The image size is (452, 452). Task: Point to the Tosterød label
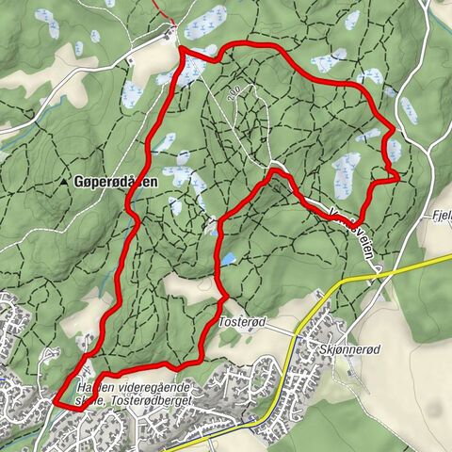(243, 322)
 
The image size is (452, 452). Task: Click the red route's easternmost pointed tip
(400, 176)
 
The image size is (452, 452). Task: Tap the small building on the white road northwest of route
(129, 57)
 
